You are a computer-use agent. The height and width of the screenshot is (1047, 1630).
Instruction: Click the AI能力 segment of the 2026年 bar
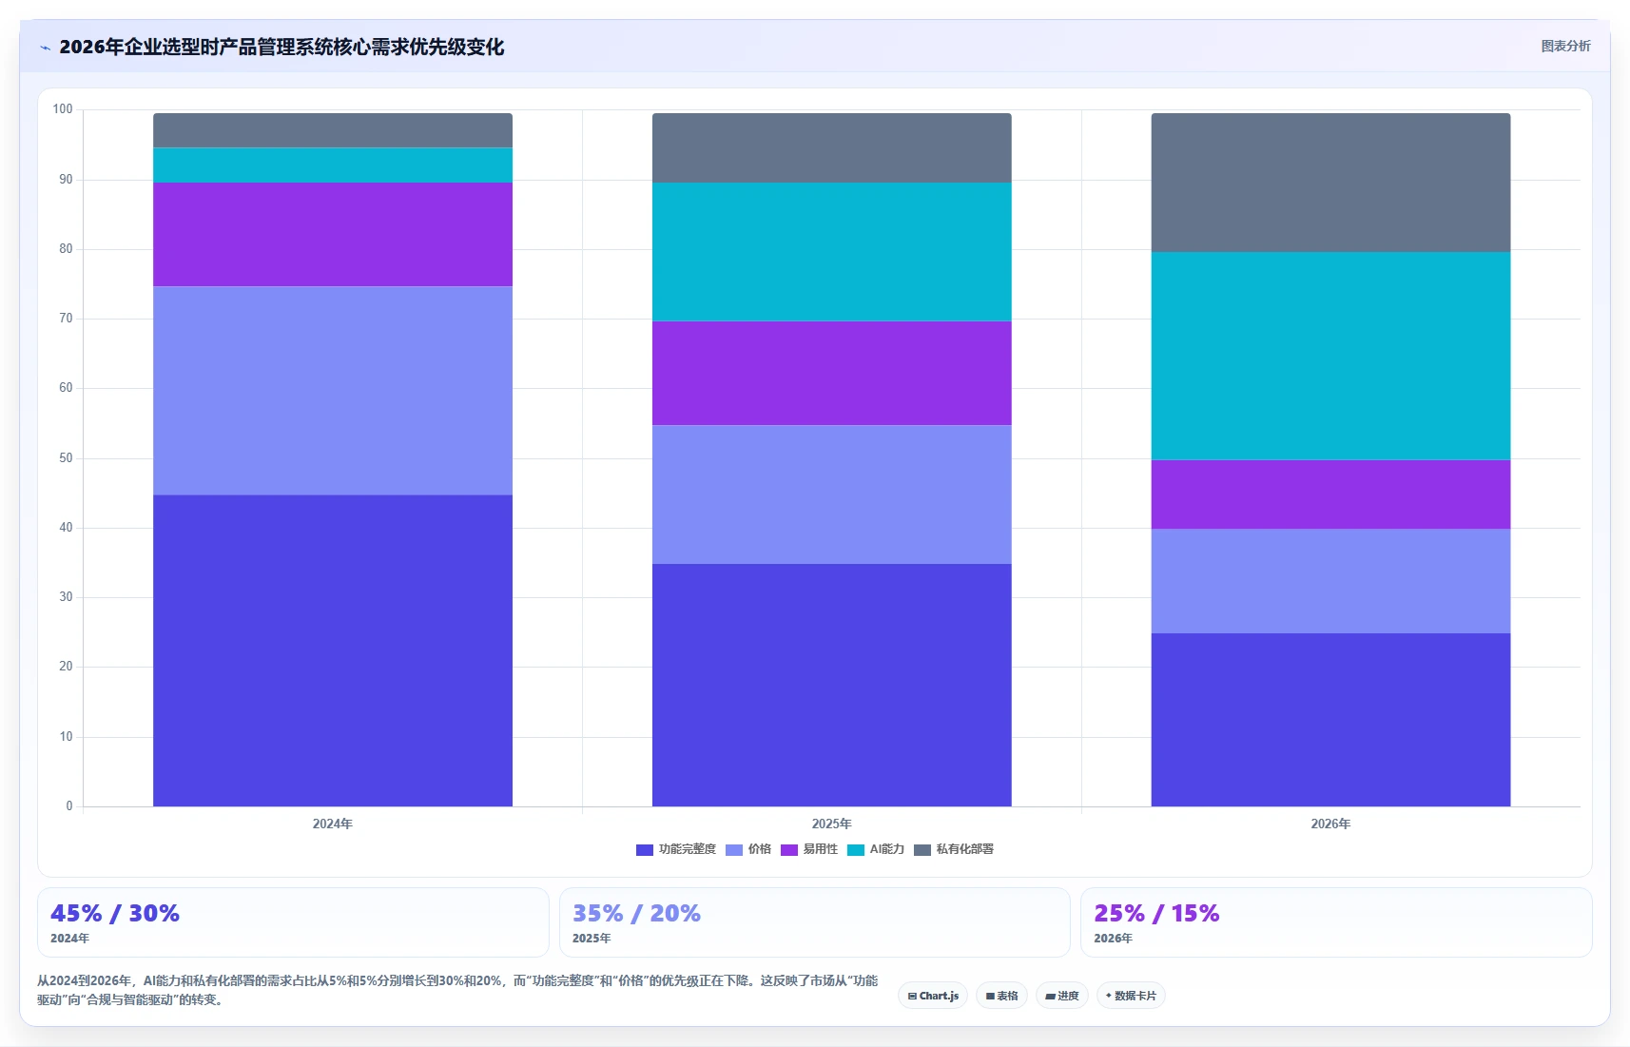1330,356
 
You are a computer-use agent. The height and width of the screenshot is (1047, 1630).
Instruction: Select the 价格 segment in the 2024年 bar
333,391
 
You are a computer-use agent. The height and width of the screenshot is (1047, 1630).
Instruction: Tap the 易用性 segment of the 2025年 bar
831,374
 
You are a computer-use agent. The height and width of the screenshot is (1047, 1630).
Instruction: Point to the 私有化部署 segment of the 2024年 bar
333,130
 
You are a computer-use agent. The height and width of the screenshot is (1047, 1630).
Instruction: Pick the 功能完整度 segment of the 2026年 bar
1330,720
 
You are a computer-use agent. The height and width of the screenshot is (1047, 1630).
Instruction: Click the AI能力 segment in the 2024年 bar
333,165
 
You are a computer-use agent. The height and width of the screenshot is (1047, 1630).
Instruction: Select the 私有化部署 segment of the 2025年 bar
831,147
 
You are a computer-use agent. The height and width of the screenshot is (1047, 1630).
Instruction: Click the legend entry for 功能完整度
676,849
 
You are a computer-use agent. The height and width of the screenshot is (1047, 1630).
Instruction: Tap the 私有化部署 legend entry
954,849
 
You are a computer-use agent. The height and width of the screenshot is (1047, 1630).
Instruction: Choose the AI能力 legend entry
876,849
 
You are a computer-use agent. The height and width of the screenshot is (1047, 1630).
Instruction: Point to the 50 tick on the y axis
66,457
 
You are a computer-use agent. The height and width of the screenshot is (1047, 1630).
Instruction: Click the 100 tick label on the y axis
63,109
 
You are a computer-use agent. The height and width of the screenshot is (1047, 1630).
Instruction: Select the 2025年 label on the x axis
831,824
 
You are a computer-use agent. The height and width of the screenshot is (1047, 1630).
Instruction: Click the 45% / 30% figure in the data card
115,913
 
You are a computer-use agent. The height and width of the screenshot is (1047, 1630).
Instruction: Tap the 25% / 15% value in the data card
1156,913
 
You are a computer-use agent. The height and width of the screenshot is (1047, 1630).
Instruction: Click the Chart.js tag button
933,996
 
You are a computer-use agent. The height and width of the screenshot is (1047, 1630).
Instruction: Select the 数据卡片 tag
1131,996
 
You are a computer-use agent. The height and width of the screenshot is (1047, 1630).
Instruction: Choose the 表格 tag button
1001,996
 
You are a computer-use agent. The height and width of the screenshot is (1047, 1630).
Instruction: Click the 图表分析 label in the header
1565,46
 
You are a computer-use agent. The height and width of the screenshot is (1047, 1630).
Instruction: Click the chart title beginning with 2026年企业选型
281,48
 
